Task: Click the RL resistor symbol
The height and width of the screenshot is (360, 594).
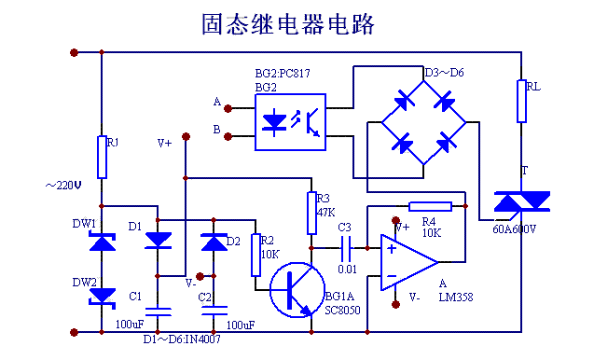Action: pyautogui.click(x=521, y=101)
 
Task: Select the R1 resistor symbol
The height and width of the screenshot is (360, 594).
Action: pyautogui.click(x=102, y=157)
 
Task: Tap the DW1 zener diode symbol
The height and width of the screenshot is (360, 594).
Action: pyautogui.click(x=102, y=242)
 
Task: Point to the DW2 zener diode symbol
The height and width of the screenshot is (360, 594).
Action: pyautogui.click(x=102, y=296)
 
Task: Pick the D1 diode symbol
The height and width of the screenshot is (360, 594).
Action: pyautogui.click(x=159, y=241)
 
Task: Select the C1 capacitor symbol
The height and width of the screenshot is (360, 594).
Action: pyautogui.click(x=159, y=308)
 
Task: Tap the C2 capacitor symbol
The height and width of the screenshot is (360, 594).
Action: pyautogui.click(x=214, y=308)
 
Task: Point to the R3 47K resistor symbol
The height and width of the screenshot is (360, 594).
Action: pyautogui.click(x=311, y=213)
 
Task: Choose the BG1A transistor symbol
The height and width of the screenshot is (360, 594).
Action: pyautogui.click(x=297, y=288)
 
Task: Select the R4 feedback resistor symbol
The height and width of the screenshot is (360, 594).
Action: pyautogui.click(x=430, y=206)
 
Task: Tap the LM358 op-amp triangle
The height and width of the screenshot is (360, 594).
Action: pyautogui.click(x=407, y=260)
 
